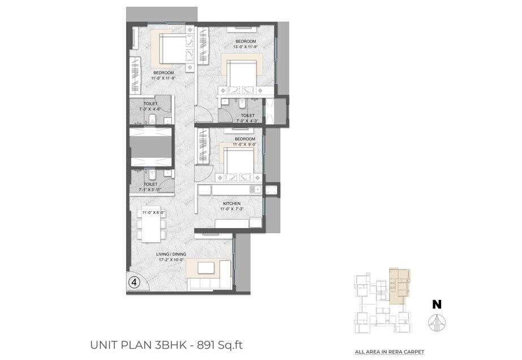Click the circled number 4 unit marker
click(x=134, y=282)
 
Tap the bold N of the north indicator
click(x=437, y=304)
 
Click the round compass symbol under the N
click(x=437, y=323)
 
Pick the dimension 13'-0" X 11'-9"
click(x=246, y=48)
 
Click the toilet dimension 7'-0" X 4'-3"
click(x=248, y=121)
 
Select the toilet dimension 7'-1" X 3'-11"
click(x=150, y=190)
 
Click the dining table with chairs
click(x=151, y=226)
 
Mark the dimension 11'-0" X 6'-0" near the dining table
click(x=153, y=212)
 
